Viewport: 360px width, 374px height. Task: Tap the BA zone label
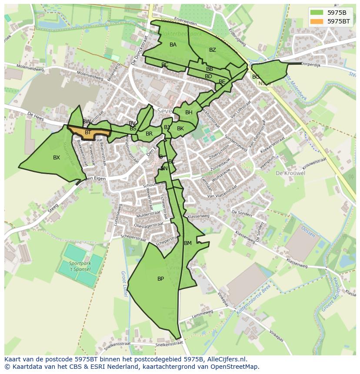tap(173, 45)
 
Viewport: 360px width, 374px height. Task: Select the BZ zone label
tap(212, 50)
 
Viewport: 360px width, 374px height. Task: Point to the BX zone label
tap(57, 158)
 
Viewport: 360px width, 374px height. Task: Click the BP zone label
tap(160, 279)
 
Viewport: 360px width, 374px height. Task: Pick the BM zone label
tap(188, 243)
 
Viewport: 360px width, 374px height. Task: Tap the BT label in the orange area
tap(88, 132)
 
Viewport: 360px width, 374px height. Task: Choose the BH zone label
tap(189, 113)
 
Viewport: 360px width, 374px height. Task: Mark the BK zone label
tap(180, 129)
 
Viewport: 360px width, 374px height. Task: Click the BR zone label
tap(149, 134)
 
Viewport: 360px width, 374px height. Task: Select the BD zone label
tap(208, 76)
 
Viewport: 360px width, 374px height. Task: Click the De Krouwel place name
tap(290, 173)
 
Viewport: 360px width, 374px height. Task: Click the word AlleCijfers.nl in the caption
tap(226, 359)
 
